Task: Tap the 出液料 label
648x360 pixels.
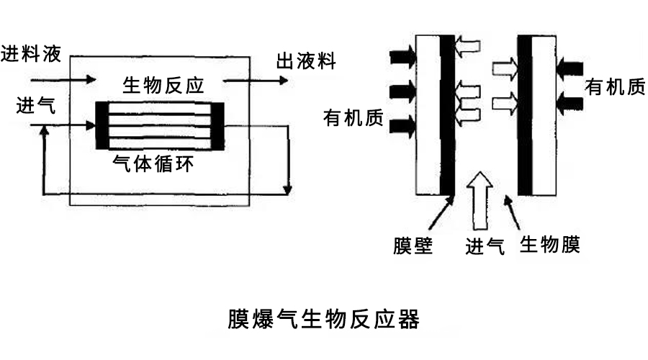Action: pos(305,61)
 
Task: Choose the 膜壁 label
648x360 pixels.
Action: pos(413,246)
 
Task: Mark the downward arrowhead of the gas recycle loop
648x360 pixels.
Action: pos(288,190)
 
